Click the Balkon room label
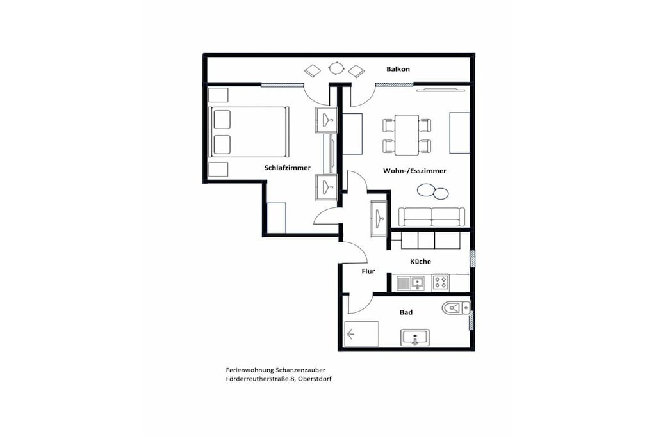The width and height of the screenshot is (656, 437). coord(398,69)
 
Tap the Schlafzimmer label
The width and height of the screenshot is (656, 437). coord(288,168)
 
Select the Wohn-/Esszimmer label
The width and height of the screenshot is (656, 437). coord(414,170)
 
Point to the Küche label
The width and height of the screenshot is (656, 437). coord(420,261)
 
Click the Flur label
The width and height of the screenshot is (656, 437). coord(368,271)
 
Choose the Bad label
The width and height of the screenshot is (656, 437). coord(406,312)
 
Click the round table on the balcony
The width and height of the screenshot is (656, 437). coord(336,68)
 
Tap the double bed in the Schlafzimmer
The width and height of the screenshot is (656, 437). coord(249,132)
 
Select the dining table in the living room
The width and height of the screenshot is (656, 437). coord(407,135)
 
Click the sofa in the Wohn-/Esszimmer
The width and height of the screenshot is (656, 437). coord(431,217)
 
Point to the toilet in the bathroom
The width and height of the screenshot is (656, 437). coord(455,308)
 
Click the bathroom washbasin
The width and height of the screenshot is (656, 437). coord(415,338)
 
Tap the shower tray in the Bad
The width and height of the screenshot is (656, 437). coord(361,334)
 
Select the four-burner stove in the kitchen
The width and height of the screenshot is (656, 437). coord(441,282)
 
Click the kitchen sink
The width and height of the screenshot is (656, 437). coord(411,283)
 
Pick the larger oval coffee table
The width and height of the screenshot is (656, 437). coord(427,189)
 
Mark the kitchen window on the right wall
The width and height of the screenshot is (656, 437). coord(472,258)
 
